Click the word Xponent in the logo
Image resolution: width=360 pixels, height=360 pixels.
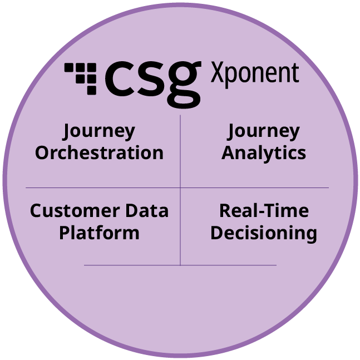tap(255, 75)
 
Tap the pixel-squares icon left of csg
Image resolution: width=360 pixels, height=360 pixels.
tap(80, 78)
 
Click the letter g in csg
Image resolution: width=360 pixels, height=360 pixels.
tap(184, 84)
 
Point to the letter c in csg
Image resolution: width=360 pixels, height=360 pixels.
tap(120, 78)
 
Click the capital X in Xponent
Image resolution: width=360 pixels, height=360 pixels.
tap(217, 72)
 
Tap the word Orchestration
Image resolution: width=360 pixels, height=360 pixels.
tap(99, 152)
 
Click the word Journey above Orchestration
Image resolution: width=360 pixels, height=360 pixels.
tap(98, 131)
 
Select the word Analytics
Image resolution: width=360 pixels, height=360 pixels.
tap(264, 154)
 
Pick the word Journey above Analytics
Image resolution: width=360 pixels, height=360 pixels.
tap(263, 131)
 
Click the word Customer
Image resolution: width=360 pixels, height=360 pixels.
tap(75, 211)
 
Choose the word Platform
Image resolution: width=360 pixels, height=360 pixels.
tap(99, 233)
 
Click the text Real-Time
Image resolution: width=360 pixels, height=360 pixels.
tap(264, 211)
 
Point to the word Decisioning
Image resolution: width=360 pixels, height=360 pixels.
tap(264, 234)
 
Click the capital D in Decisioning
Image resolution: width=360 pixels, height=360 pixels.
tap(216, 233)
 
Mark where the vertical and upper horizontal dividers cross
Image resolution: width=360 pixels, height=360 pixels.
tap(180, 188)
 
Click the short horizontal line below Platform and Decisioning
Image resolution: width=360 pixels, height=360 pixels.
tap(180, 265)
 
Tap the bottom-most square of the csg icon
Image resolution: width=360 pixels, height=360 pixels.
tap(92, 90)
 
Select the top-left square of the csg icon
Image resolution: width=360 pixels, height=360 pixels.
tap(69, 67)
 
